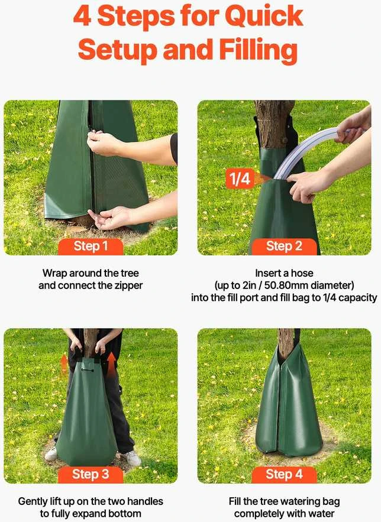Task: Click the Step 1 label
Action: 91,247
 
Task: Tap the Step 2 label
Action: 284,247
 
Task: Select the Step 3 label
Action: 91,474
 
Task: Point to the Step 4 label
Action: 284,474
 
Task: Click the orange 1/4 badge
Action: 240,179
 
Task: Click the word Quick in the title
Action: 264,16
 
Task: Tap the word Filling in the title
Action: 259,50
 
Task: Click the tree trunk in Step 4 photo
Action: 286,343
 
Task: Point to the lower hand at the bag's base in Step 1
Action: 110,218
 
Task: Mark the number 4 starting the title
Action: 82,16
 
